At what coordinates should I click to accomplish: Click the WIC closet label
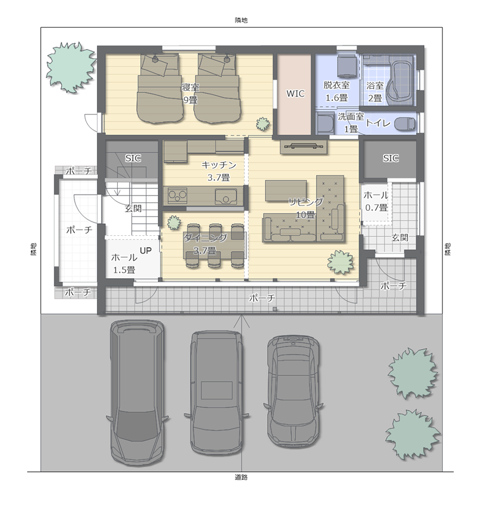click(x=295, y=94)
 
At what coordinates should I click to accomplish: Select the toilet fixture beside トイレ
click(x=405, y=124)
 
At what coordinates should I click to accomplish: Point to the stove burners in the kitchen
click(x=177, y=195)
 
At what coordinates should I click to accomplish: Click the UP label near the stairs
click(x=145, y=250)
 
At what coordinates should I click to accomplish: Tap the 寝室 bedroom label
click(x=190, y=87)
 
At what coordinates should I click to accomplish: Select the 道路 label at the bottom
click(x=241, y=477)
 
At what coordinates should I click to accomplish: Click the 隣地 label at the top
click(x=241, y=20)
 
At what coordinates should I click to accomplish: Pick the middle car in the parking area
click(x=216, y=393)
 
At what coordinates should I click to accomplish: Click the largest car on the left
click(x=137, y=392)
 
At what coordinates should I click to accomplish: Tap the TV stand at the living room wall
click(x=303, y=147)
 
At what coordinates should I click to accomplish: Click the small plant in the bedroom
click(x=262, y=123)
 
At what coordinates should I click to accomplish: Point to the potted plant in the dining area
click(x=174, y=222)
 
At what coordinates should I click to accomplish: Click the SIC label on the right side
click(x=390, y=158)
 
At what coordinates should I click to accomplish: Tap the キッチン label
click(x=218, y=165)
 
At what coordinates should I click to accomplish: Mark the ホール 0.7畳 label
click(x=376, y=201)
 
